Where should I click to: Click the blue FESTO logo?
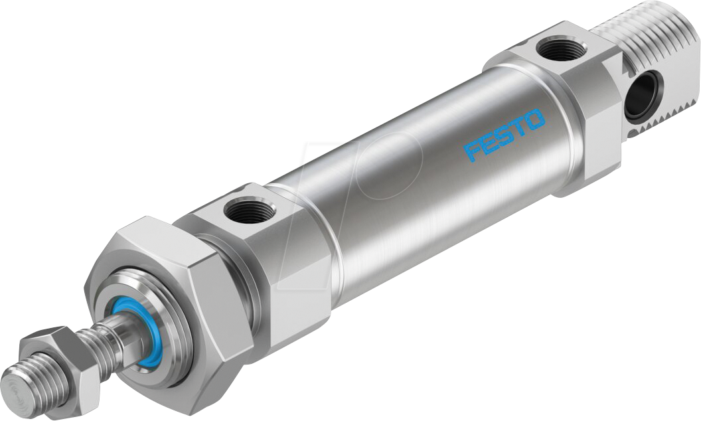point(505,135)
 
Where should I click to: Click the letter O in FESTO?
point(534,120)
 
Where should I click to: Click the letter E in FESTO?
point(488,143)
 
